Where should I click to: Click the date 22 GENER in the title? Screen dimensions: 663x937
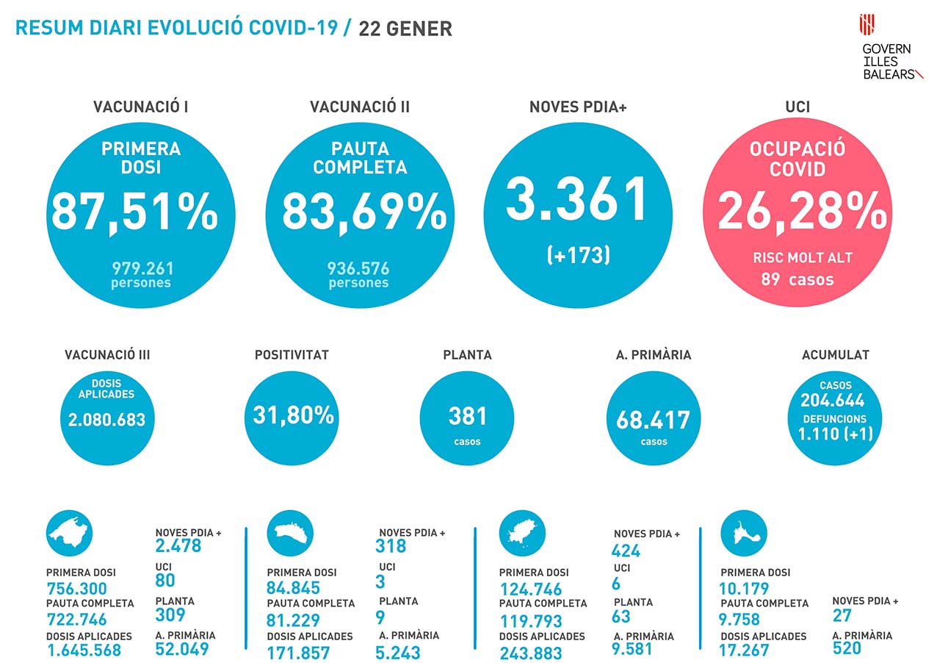tap(405, 29)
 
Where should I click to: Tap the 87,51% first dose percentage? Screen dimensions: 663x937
tap(134, 212)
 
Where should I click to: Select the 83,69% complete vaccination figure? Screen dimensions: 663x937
tap(364, 212)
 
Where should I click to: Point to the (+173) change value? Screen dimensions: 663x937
tap(579, 255)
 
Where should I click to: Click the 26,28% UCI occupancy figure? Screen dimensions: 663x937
tap(801, 212)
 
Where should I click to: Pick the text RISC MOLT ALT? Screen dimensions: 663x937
tap(802, 258)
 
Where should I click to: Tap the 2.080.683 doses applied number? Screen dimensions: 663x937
tap(107, 420)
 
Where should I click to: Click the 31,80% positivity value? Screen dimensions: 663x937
tap(294, 415)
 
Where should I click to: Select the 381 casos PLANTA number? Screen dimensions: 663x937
tap(467, 416)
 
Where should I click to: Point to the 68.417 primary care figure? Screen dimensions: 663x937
tap(654, 420)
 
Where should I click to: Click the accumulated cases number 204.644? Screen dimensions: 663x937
tap(833, 401)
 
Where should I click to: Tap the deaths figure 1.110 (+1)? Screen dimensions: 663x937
tap(836, 434)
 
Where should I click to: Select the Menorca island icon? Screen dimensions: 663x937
tap(290, 533)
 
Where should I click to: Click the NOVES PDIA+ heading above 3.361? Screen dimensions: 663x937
tap(578, 107)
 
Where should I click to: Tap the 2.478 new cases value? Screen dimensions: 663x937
tap(178, 545)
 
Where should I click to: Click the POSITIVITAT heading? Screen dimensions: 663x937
tap(292, 355)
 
